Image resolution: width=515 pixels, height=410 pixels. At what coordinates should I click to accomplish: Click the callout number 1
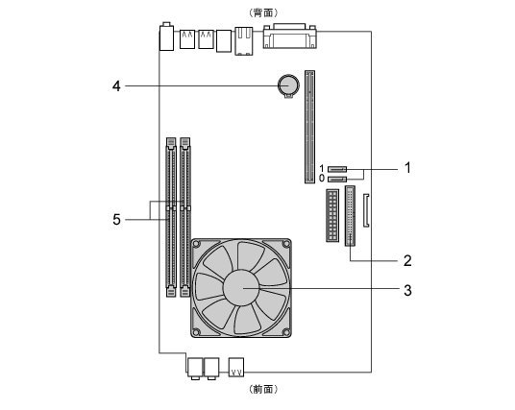(x=407, y=168)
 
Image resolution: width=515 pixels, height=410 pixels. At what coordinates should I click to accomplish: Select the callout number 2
(x=407, y=260)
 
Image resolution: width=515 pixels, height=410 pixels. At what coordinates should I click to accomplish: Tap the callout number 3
(x=407, y=290)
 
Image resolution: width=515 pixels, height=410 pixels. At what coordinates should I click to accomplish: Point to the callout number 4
(x=116, y=86)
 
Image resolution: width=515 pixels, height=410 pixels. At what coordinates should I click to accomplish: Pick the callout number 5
(x=116, y=219)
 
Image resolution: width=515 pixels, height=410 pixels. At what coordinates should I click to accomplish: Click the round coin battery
(x=288, y=85)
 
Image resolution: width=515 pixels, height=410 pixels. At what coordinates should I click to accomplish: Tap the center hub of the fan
(x=241, y=288)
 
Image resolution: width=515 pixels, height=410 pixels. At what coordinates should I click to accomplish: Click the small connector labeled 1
(x=337, y=169)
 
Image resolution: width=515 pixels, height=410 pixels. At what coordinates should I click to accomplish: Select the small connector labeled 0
(x=337, y=180)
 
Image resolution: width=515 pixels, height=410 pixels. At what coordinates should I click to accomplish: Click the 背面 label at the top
(x=263, y=12)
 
